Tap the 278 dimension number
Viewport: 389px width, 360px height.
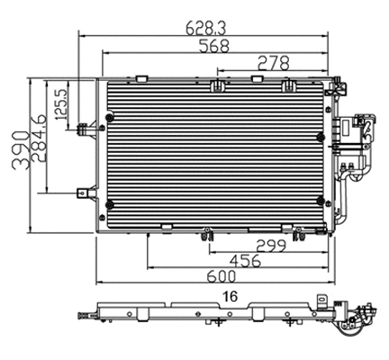(272, 62)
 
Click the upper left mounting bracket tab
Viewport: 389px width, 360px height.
(84, 127)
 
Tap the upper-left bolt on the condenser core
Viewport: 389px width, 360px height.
(110, 118)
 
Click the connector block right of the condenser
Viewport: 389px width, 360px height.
(358, 135)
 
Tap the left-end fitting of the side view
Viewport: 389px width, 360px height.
(83, 316)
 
